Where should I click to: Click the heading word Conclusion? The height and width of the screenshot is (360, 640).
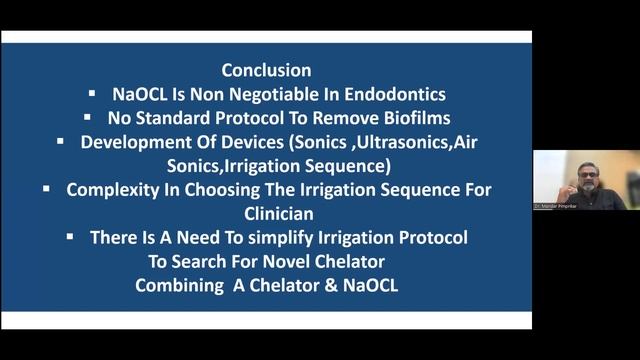pyautogui.click(x=266, y=71)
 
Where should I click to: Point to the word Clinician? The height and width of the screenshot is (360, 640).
pyautogui.click(x=266, y=212)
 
